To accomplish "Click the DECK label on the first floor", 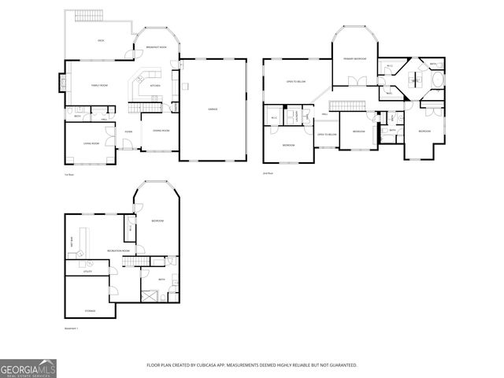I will tap(101, 40).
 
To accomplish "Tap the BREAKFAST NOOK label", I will tap(156, 48).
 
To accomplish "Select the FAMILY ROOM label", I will tap(99, 85).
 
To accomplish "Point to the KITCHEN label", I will tap(155, 85).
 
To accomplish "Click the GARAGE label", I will tap(213, 109).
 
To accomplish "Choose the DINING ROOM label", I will tap(161, 130).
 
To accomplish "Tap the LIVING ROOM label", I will tap(91, 143).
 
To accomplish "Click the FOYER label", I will tap(128, 132).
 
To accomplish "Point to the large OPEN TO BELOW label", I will tap(296, 81).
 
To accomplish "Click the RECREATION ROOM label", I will tap(119, 250).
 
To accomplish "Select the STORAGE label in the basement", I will tap(91, 311).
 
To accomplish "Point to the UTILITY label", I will tap(88, 271).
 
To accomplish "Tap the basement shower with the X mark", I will tap(149, 298).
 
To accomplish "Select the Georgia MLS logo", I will tap(28, 367).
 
